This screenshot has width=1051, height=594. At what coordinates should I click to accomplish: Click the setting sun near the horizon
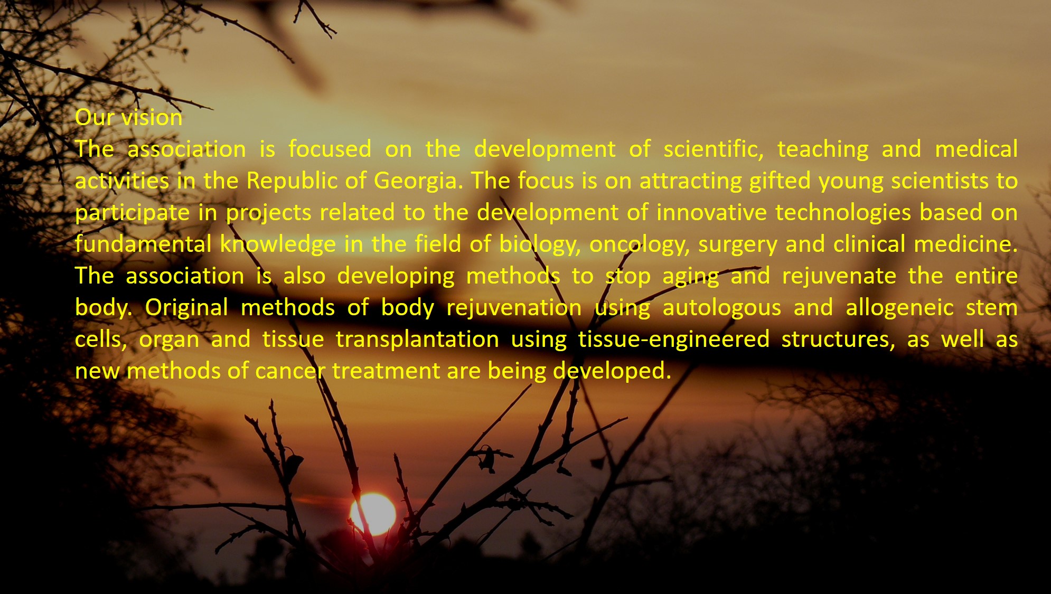point(373,514)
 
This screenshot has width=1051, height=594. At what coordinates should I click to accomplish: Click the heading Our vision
point(129,117)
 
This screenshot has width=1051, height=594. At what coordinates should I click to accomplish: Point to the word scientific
point(714,149)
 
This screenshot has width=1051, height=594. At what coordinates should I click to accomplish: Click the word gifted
point(780,181)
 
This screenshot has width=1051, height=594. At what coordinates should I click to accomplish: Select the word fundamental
point(143,244)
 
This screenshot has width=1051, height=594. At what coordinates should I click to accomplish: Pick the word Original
point(186,308)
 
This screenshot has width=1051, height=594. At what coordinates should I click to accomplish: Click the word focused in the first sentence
point(330,149)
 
